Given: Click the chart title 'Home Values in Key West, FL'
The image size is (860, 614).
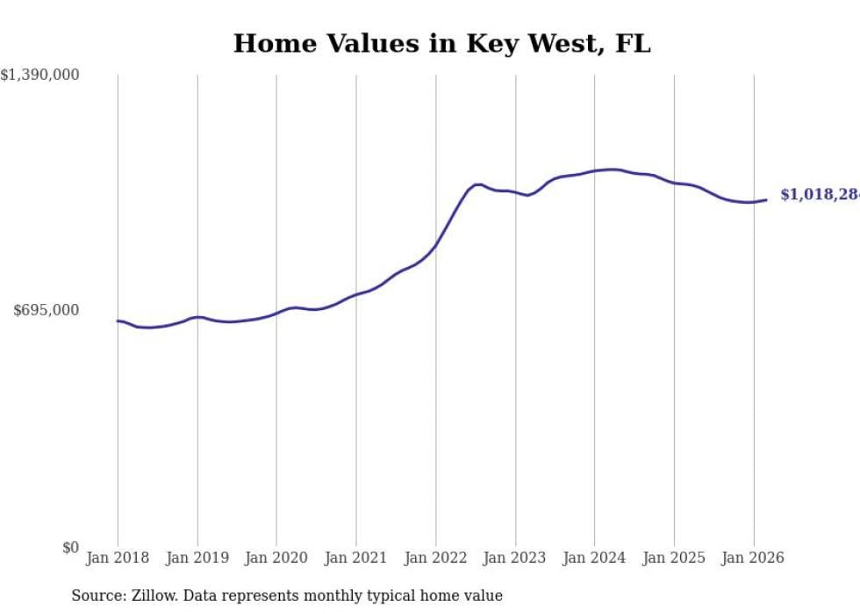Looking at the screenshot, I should point(441,43).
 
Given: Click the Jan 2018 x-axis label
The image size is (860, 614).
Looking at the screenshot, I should point(118,558).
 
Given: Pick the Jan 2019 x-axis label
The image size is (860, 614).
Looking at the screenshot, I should point(197,558).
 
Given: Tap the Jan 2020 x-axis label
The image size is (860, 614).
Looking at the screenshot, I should point(276,558).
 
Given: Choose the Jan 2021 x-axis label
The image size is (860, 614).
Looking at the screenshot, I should point(355,558).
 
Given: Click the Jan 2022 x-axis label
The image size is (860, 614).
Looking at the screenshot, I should point(435,558).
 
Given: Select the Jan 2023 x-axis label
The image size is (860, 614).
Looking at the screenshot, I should point(515,558).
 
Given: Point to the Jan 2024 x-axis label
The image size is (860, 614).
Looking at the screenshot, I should point(594,558).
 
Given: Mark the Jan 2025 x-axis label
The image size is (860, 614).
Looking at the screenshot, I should point(674,558).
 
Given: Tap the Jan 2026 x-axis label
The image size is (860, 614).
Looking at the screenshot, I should point(753,558).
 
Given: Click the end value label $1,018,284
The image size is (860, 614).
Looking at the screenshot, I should point(820,195).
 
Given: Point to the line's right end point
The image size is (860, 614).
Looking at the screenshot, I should point(766,200).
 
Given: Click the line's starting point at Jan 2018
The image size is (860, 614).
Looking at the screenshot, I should point(118,321).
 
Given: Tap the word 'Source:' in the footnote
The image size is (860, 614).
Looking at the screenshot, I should point(97,596).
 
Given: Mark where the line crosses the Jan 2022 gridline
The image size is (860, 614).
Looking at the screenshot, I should point(435,246).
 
